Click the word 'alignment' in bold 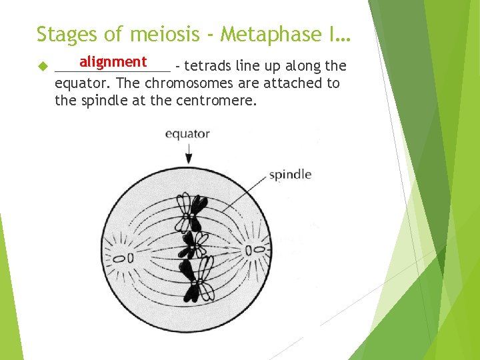click(113, 62)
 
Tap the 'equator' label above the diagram click(187, 133)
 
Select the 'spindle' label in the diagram click(290, 175)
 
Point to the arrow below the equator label click(189, 153)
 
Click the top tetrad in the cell click(191, 209)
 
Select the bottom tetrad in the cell click(196, 280)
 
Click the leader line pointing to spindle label click(237, 193)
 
